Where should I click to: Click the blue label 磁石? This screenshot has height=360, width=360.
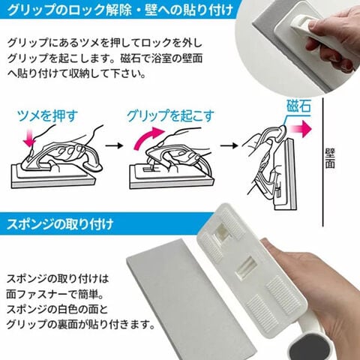[298, 106]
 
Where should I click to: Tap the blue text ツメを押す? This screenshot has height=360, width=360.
[47, 116]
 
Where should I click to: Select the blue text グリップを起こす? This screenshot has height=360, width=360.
[170, 115]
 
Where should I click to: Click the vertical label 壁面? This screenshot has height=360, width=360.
[330, 158]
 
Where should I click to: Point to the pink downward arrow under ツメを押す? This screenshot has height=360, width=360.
[29, 141]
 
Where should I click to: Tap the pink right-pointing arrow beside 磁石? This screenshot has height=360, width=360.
[301, 129]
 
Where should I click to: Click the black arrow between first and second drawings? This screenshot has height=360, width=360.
[114, 145]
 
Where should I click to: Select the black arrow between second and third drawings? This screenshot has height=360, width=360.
[229, 145]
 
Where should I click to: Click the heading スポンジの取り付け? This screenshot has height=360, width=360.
[60, 224]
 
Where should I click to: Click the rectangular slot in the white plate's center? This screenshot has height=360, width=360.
[247, 268]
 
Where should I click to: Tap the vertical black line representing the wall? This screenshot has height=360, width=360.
[323, 162]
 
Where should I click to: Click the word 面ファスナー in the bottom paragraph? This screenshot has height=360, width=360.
[37, 294]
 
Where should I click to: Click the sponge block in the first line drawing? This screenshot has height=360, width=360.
[54, 176]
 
